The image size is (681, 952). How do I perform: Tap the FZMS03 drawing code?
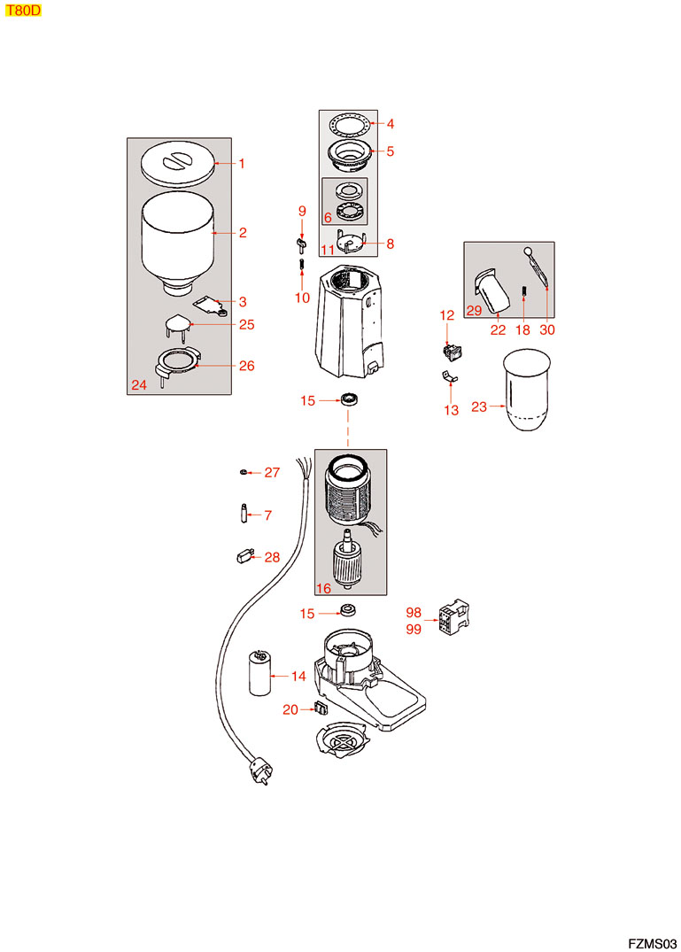[652, 942]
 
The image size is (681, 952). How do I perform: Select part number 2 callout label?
[242, 233]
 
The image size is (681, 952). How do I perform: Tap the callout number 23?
[479, 407]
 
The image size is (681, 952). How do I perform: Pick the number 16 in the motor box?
[323, 588]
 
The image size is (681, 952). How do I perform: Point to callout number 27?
[272, 473]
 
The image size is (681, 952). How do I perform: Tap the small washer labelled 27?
[244, 473]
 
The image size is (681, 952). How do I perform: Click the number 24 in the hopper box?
[139, 385]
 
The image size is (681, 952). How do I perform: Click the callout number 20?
[290, 708]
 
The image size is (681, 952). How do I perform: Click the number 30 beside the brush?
[548, 330]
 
